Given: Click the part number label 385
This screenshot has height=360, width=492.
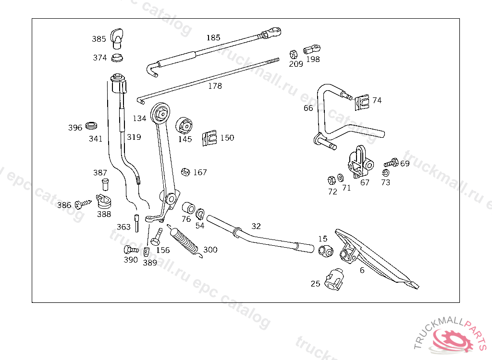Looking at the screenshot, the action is click(99, 39).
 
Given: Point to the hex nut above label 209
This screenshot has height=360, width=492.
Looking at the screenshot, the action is click(294, 54).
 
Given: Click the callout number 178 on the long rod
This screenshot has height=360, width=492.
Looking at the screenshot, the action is click(215, 86).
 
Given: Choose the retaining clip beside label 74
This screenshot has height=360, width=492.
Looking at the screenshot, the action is click(362, 102).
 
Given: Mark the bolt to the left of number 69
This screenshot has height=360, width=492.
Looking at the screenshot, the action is click(391, 163).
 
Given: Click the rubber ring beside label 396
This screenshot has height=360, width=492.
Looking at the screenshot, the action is click(91, 125).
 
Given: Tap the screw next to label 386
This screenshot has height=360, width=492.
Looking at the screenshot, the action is click(83, 204).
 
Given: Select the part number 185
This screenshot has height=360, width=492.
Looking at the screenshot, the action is click(213, 37).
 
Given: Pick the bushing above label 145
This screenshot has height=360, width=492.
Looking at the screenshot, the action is click(184, 125).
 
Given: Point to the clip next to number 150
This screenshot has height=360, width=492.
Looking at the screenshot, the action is click(209, 138).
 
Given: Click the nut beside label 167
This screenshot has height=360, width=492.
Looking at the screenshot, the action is click(185, 172).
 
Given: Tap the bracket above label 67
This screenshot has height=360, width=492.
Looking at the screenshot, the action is click(360, 162).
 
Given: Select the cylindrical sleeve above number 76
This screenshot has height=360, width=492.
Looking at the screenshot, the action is click(188, 208).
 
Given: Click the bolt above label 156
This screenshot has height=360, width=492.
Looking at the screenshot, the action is click(157, 237).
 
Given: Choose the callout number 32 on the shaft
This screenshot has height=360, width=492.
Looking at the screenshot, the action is click(256, 226).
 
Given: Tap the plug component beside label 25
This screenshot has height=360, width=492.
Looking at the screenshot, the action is click(335, 279).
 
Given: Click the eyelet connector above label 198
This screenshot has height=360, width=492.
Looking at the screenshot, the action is click(311, 49).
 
